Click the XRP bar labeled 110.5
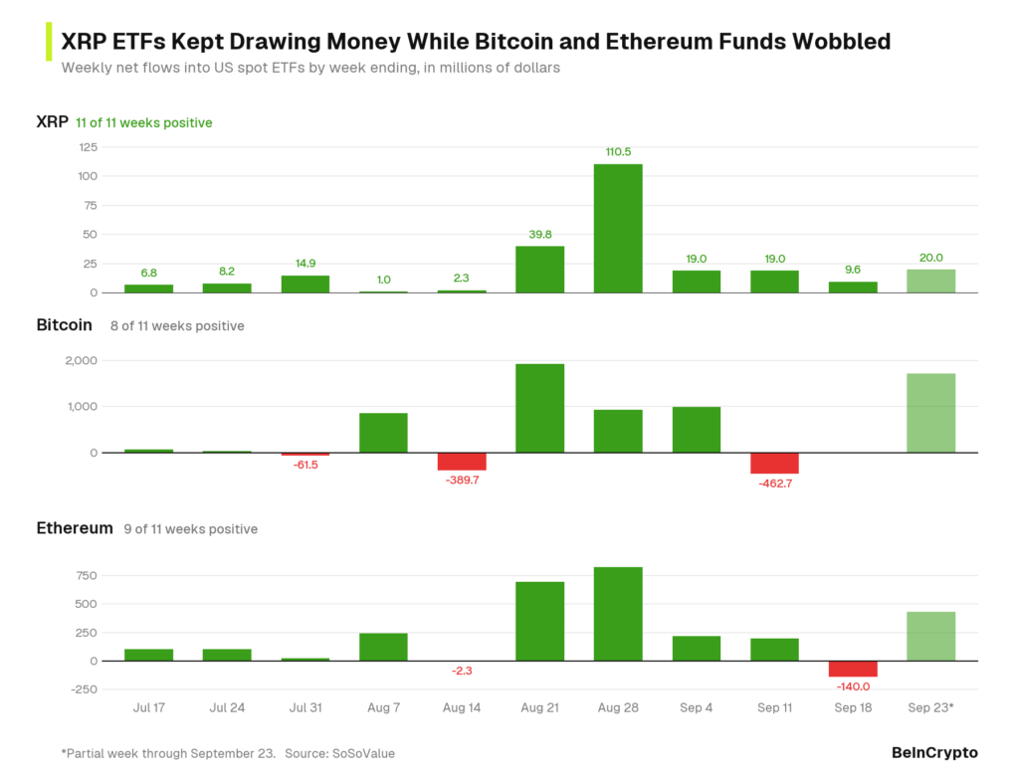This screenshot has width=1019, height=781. pos(618,228)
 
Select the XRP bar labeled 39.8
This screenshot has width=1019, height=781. pos(540,270)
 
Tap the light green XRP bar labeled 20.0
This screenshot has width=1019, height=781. pos(931,282)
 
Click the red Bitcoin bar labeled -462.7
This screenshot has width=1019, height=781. pos(774,464)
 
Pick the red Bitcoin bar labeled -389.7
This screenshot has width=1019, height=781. pos(462,462)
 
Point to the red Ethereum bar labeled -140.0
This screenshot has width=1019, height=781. pos(853,669)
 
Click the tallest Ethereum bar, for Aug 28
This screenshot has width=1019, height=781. pos(618,614)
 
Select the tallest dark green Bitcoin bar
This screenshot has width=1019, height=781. pos(540,408)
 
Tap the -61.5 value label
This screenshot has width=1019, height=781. pos(306,465)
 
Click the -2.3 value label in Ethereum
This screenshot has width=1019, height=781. pos(462,671)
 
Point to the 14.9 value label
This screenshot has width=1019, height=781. pos(306,263)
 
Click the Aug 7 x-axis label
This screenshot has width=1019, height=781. pos(383,707)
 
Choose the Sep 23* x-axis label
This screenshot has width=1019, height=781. pos(930,707)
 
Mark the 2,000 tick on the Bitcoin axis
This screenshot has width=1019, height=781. pos(82,360)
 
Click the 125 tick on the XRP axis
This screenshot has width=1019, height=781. pos(89,147)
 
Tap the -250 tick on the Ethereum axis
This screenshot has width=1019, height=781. pos(84,689)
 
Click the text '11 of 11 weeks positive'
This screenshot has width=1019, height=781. pos(144,122)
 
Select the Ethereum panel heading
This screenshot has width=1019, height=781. pos(75,528)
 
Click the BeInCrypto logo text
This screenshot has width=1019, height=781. pos(934,752)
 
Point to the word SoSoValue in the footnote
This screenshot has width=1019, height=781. pos(363,754)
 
